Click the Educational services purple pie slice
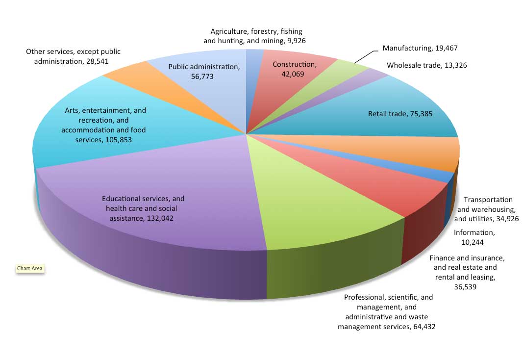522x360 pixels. click(147, 186)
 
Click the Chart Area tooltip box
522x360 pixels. click(30, 269)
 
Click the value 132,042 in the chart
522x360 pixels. click(160, 218)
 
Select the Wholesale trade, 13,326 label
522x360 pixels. click(426, 65)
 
